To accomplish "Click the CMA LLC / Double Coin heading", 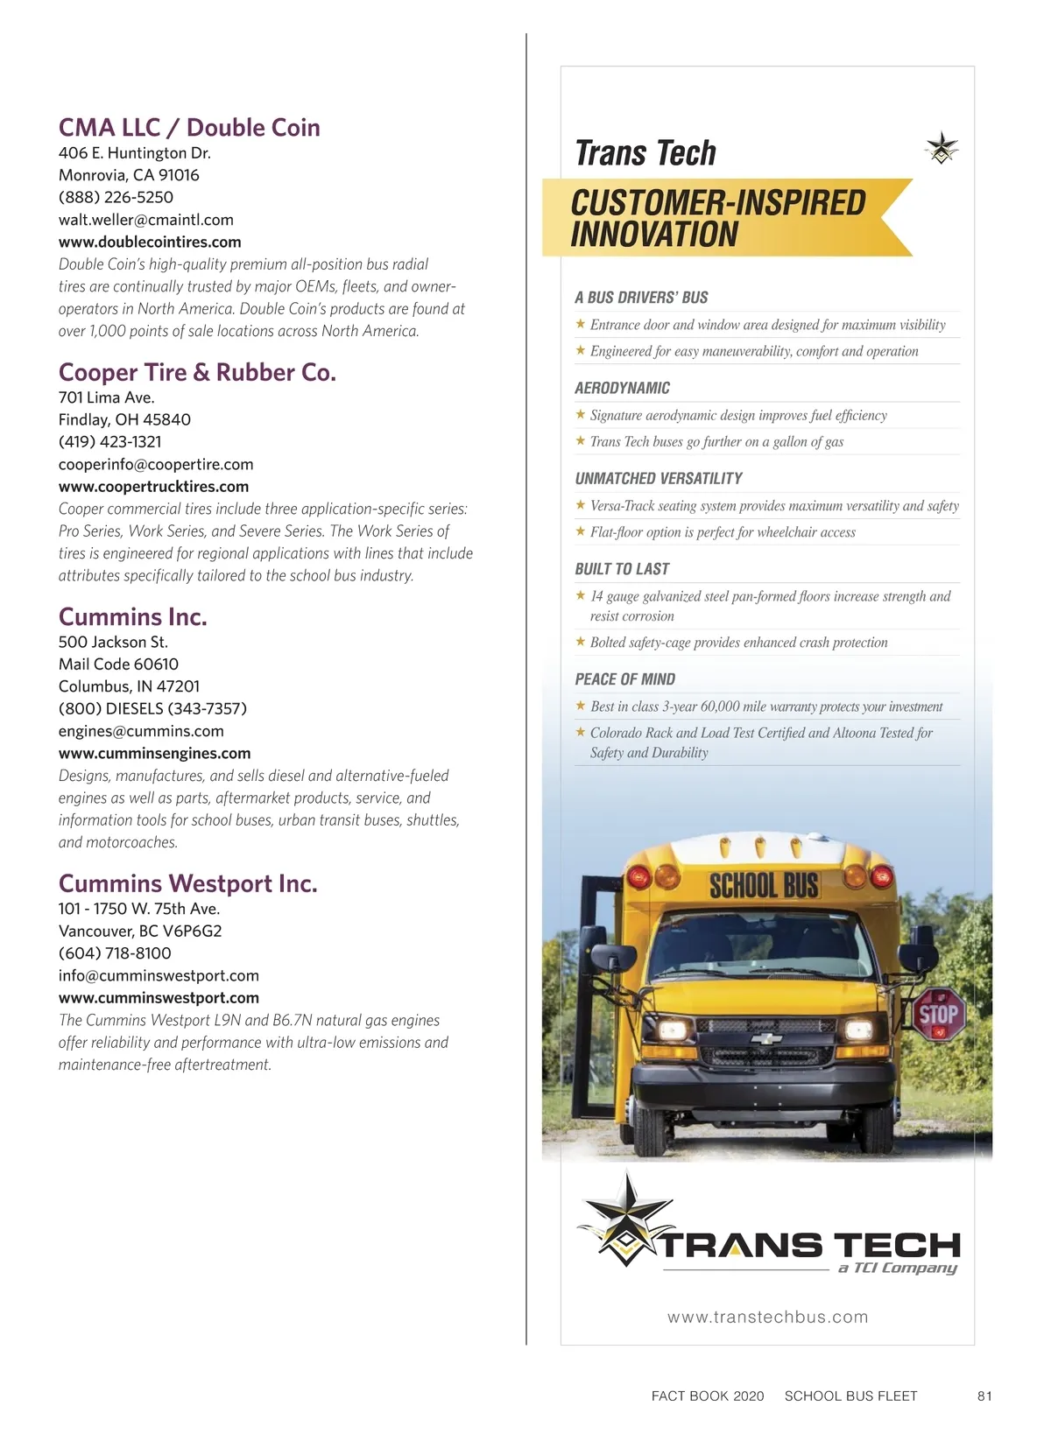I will [x=189, y=128].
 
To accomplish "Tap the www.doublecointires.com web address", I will [x=150, y=242].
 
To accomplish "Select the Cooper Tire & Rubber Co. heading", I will [x=197, y=373].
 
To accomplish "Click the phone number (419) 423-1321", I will [x=110, y=442].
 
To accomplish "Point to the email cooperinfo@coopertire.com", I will [x=156, y=464].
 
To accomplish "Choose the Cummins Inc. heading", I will [x=133, y=617].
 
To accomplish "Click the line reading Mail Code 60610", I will [x=118, y=664].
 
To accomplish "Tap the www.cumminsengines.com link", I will [x=155, y=753].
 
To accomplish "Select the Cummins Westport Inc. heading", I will [x=188, y=883].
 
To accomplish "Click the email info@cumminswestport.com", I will [x=159, y=975].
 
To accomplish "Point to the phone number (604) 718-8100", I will [x=115, y=953].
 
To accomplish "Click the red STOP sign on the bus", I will [x=938, y=1015].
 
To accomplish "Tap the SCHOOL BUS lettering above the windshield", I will [x=763, y=885].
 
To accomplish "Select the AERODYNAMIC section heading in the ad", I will [x=623, y=388].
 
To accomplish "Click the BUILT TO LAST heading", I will [x=622, y=569].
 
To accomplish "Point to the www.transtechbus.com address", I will [x=767, y=1317].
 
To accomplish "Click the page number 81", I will [x=984, y=1395].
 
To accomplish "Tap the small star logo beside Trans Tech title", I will [x=942, y=148].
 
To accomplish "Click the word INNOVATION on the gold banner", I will [x=654, y=235].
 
